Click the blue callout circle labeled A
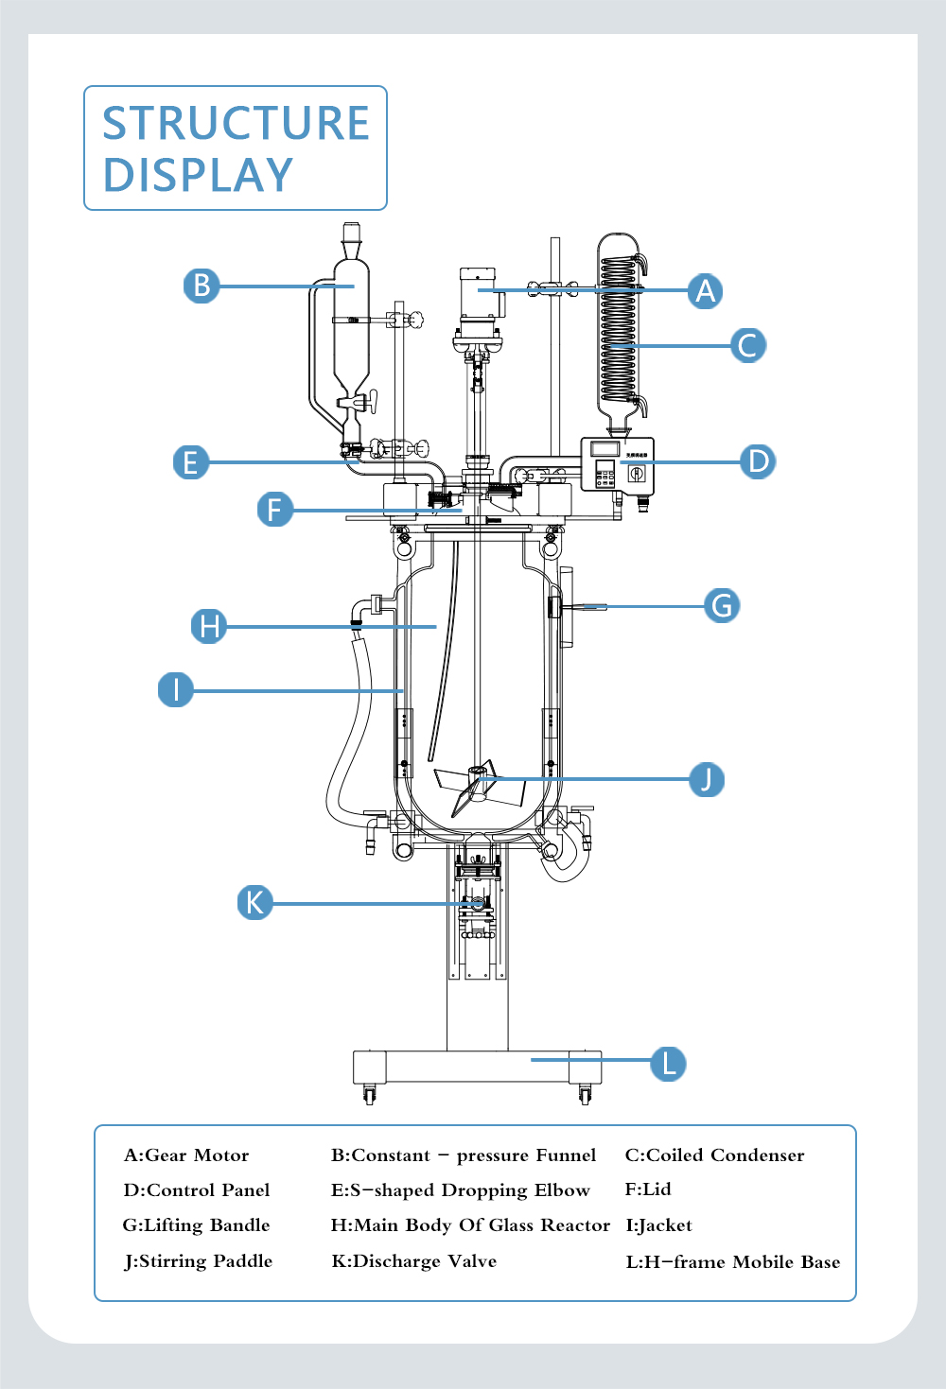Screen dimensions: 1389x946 (x=705, y=291)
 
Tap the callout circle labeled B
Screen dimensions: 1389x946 (x=201, y=286)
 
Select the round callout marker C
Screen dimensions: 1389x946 (x=747, y=345)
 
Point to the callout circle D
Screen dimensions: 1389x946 (x=758, y=461)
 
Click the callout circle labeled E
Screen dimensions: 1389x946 (x=191, y=462)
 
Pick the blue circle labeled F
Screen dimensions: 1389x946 (x=274, y=510)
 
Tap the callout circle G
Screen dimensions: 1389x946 (x=722, y=605)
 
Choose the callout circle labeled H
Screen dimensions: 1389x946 (x=209, y=626)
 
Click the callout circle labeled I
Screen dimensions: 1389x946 (x=176, y=689)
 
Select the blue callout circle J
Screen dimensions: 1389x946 (x=706, y=779)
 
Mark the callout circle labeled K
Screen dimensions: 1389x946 (x=254, y=902)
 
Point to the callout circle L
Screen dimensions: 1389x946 (x=668, y=1063)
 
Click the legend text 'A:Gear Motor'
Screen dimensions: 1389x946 (x=186, y=1155)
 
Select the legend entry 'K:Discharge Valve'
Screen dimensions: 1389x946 (x=413, y=1261)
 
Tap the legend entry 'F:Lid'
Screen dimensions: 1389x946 (x=648, y=1189)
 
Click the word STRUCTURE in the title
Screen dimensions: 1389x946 (x=236, y=124)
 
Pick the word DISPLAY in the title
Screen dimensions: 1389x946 (x=198, y=176)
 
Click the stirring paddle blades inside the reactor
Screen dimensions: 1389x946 (x=478, y=787)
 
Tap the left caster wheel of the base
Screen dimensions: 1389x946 (x=369, y=1095)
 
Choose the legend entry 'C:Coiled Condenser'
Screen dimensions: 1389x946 (x=714, y=1155)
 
